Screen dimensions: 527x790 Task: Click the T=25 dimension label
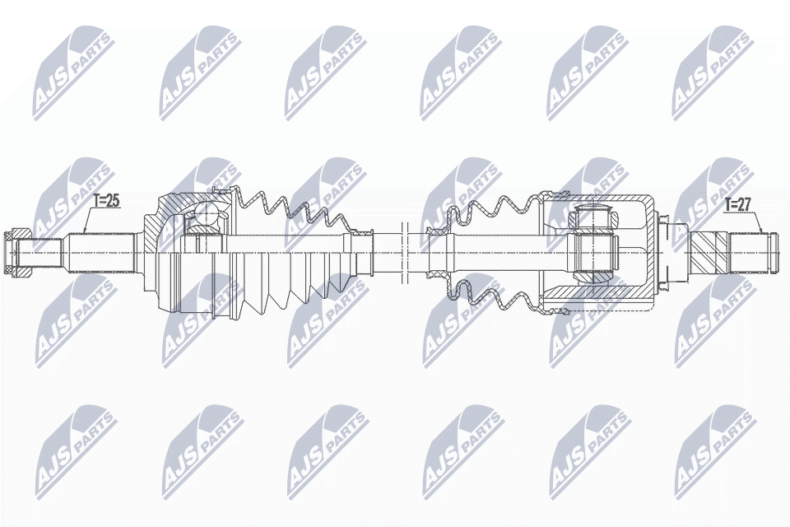[x=106, y=200]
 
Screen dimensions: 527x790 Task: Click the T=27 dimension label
[x=738, y=204]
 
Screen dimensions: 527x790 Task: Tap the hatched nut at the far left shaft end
[x=17, y=250]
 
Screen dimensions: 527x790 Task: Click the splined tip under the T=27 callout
[x=753, y=249]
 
